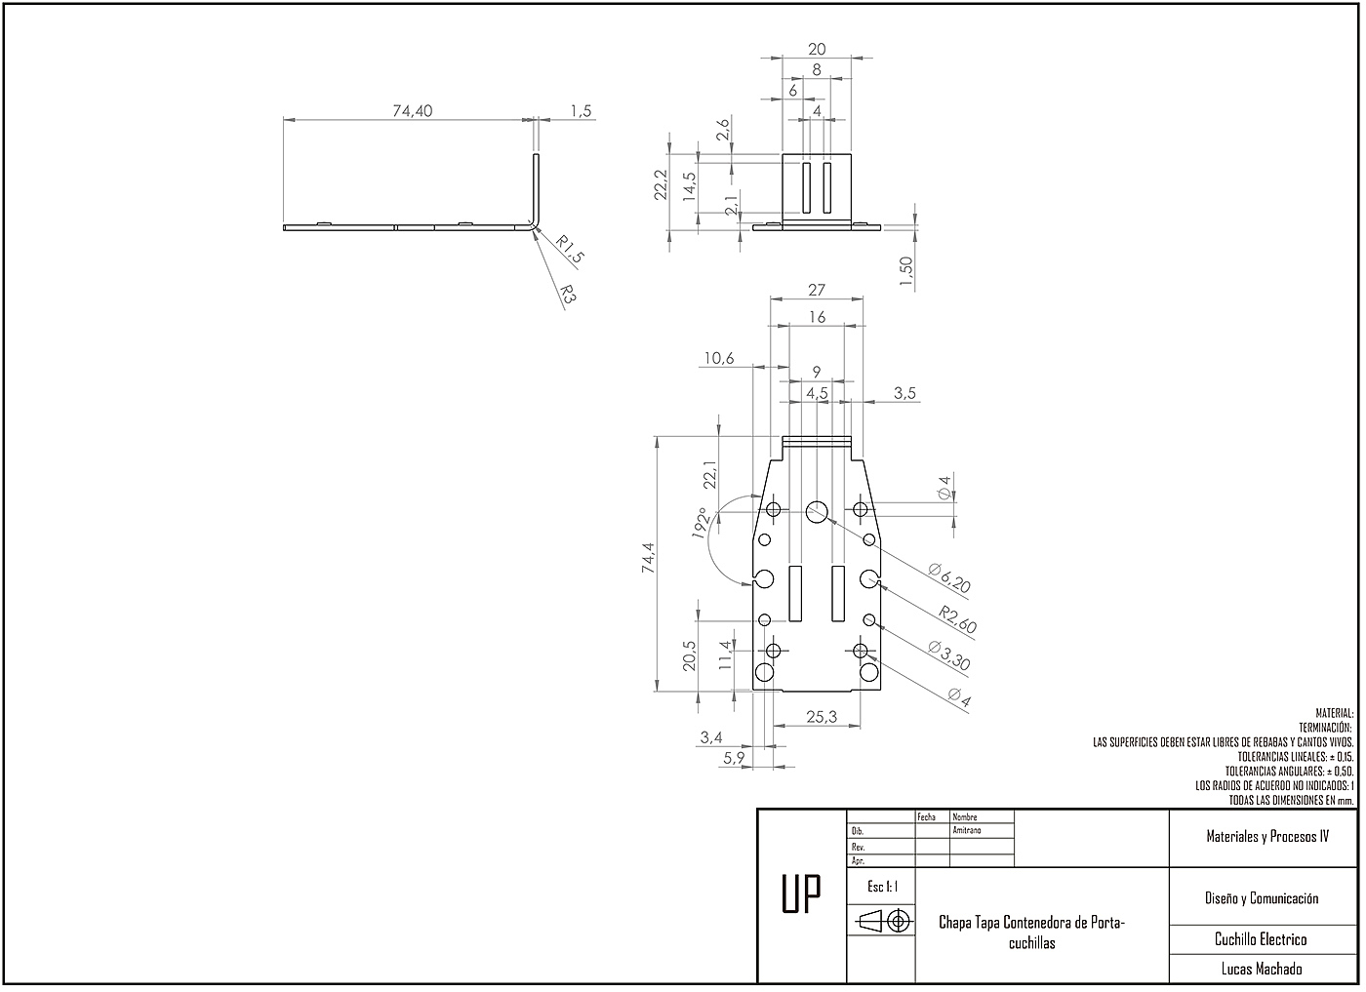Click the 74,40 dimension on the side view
pos(412,111)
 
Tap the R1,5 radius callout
pos(571,251)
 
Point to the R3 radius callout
pos(567,294)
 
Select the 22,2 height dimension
pos(661,185)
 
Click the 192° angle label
pos(700,523)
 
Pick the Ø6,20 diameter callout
pos(949,578)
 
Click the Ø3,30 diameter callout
pos(949,656)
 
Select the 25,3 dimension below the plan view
pos(822,717)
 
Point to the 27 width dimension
pos(817,290)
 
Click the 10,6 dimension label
pos(717,359)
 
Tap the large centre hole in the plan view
pos(818,509)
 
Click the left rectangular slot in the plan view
pos(795,593)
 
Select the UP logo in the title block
pos(801,895)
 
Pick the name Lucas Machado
pos(1262,969)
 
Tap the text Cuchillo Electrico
pos(1261,939)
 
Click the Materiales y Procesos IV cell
pos(1266,837)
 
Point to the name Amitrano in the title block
pos(967,830)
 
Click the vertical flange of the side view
pos(536,185)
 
